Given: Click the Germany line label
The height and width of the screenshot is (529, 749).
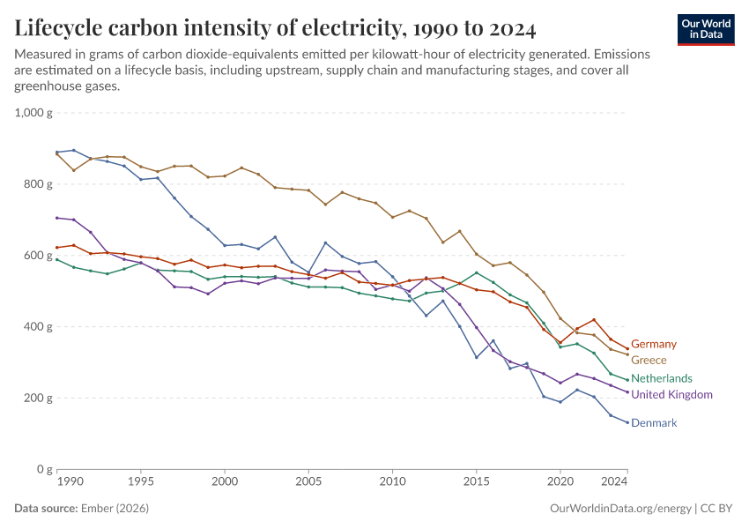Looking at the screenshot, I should tap(654, 344).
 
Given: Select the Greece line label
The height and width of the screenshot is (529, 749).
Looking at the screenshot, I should tap(649, 361).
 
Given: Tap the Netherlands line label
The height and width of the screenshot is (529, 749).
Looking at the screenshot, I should tap(662, 378).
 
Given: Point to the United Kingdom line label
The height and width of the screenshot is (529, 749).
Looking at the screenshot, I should tap(671, 394).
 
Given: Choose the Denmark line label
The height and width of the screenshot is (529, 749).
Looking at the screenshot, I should tap(654, 423).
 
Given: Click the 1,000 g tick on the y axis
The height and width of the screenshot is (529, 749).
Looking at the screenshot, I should tap(34, 113).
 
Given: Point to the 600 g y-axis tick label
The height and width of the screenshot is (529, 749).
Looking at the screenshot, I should tap(40, 256).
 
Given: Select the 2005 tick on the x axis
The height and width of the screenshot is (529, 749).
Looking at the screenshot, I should tap(308, 483).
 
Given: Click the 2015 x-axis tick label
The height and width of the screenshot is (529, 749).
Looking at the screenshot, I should tap(476, 483).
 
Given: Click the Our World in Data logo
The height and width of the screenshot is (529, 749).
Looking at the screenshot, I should tap(706, 29).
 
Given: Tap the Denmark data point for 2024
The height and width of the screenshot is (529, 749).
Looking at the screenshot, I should tap(627, 422).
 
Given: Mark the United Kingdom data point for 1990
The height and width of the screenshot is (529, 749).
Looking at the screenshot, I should tap(57, 218).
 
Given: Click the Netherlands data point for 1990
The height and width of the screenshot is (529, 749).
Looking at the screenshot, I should tap(57, 259).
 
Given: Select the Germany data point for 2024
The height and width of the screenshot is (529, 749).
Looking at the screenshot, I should tap(627, 348).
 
